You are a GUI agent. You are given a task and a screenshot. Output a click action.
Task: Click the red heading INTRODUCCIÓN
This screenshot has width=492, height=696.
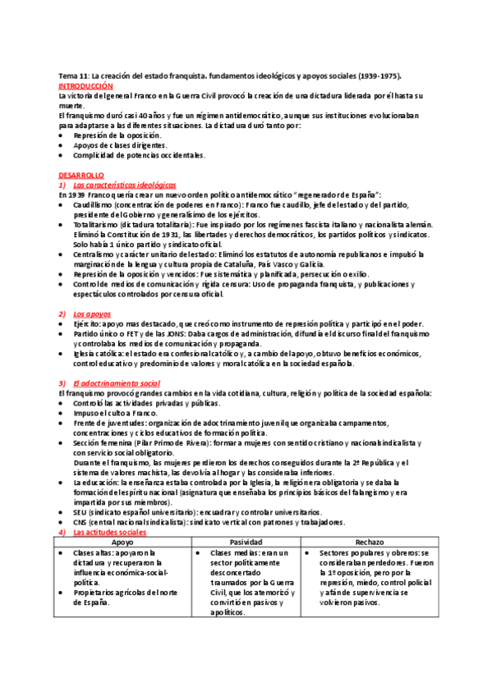click(85, 85)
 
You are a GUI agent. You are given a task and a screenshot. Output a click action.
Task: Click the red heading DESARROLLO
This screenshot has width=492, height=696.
click(80, 175)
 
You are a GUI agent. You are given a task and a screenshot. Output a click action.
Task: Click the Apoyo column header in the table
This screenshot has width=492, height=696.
click(122, 543)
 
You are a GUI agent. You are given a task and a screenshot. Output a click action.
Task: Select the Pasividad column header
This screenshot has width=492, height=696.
click(246, 543)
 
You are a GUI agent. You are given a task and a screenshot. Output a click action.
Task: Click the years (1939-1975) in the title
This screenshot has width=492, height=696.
click(378, 75)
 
